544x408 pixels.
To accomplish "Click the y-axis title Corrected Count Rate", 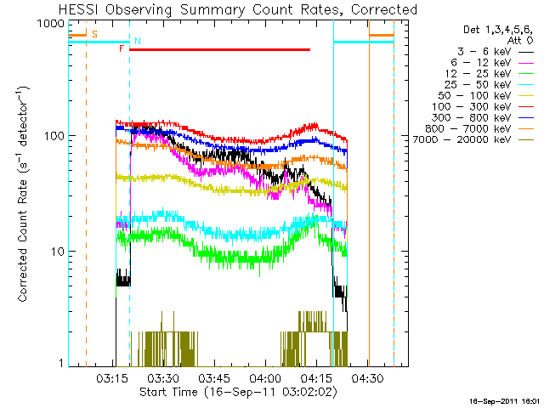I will (x=25, y=193).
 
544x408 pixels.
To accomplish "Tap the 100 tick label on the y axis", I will (x=53, y=136).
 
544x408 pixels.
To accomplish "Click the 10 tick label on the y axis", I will (x=56, y=252).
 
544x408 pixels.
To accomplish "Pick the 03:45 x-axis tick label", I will (x=214, y=378).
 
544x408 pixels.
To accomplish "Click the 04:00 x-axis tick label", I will (x=265, y=378).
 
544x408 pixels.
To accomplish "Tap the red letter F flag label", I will (x=122, y=49).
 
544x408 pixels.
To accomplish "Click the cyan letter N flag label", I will (x=138, y=41).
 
